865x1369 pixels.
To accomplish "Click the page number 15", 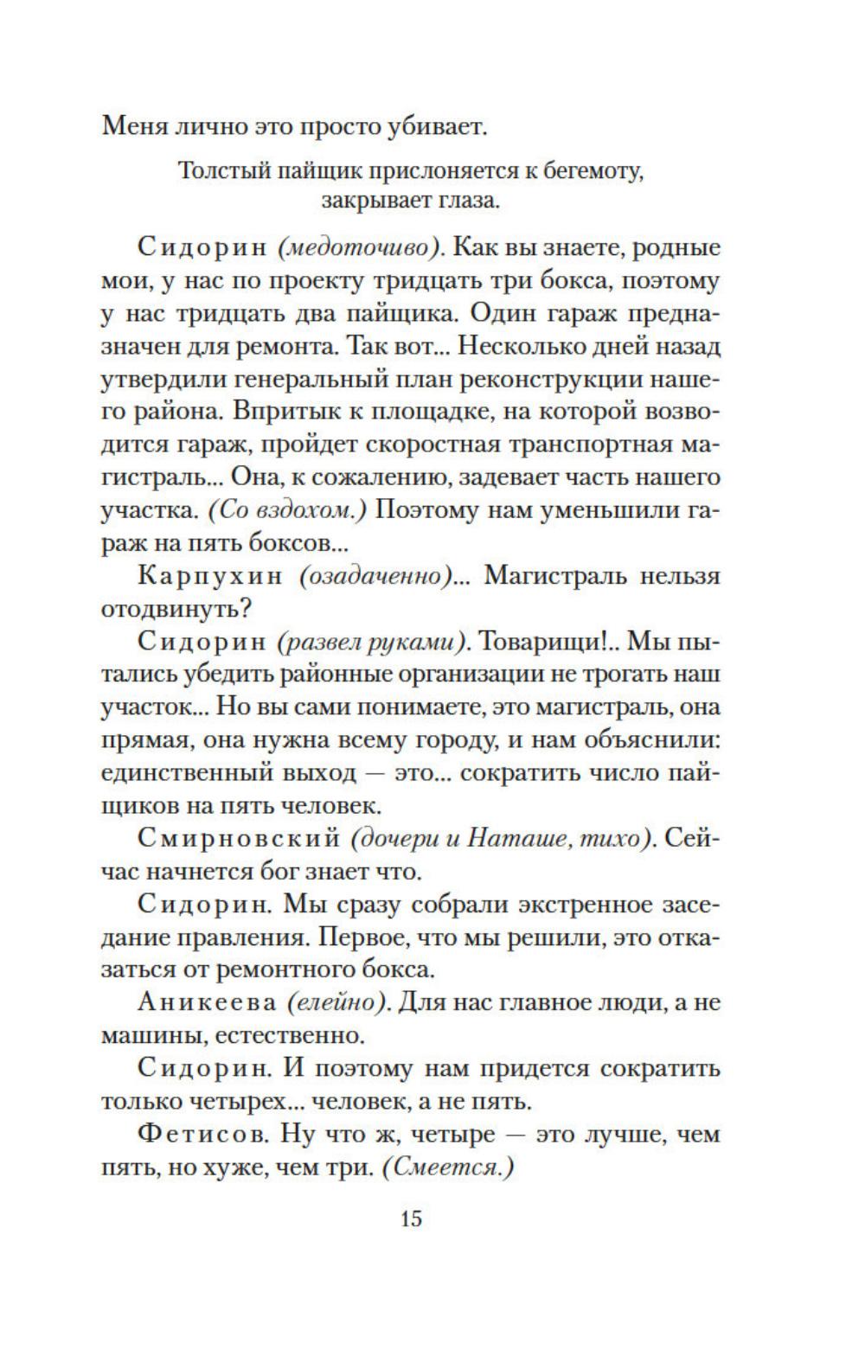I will [x=411, y=1219].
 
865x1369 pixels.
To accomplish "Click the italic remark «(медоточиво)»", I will [x=361, y=248].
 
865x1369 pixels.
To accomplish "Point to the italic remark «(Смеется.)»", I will [x=448, y=1167].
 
